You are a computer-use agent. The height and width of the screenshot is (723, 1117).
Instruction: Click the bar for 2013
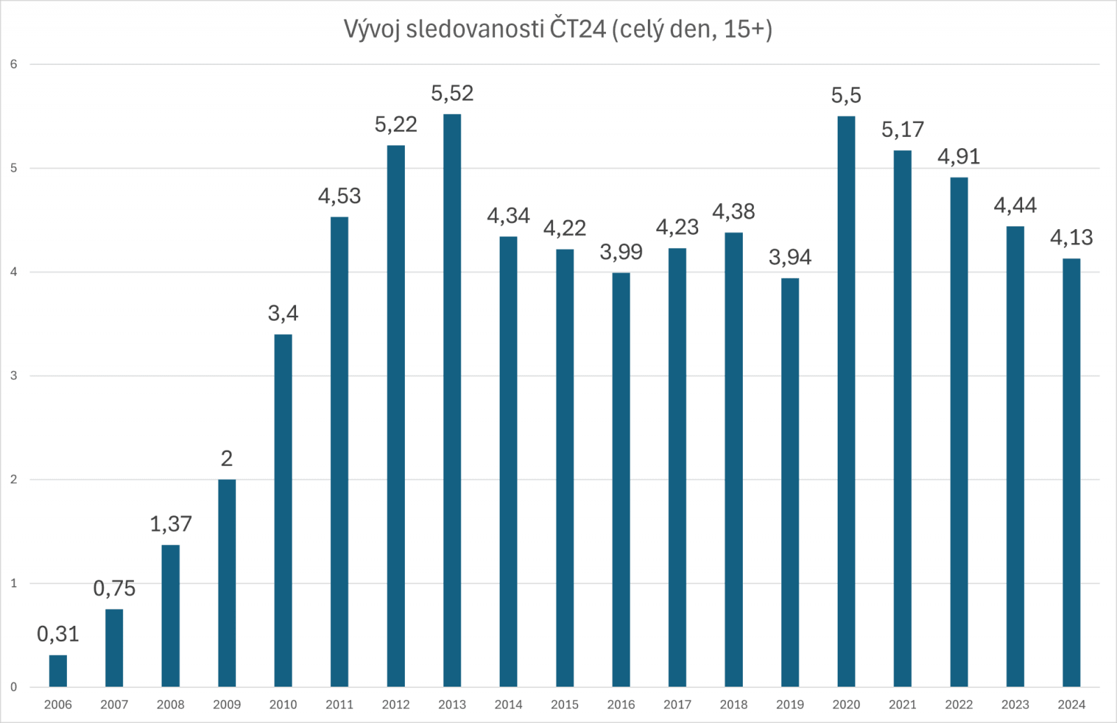452,400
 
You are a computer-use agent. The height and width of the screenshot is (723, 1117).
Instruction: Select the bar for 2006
58,671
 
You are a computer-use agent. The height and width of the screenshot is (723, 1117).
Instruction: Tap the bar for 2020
846,401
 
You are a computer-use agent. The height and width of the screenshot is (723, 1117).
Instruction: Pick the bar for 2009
227,583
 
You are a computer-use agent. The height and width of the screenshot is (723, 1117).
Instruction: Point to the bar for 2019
790,482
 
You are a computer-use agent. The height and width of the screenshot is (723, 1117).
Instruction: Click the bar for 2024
1071,472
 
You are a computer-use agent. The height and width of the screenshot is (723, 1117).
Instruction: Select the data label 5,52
452,94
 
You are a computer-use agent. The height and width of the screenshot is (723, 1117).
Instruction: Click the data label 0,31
58,634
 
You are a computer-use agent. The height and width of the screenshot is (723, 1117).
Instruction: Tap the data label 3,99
621,252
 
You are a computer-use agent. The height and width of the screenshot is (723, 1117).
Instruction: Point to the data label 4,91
959,156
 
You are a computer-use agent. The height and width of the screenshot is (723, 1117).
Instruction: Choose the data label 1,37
170,524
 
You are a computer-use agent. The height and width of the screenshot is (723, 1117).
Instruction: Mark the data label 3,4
283,314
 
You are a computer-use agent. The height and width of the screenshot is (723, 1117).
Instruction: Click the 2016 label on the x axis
621,704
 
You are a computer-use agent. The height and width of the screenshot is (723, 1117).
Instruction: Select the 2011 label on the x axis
339,704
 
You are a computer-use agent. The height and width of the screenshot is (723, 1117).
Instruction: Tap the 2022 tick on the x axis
959,704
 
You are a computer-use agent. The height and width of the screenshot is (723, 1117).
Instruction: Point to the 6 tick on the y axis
13,64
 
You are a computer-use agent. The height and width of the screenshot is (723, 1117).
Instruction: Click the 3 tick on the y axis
13,376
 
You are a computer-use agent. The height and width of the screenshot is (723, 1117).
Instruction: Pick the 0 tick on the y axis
13,687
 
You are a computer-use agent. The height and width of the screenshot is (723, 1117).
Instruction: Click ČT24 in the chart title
577,29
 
